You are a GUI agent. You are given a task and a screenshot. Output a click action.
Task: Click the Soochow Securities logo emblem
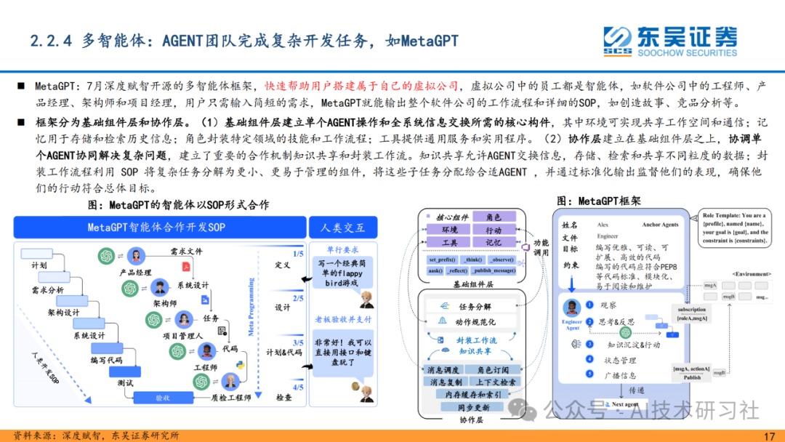[618, 39]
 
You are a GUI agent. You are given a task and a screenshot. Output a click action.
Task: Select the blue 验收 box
[162, 398]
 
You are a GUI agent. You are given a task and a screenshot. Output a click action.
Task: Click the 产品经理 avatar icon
[134, 256]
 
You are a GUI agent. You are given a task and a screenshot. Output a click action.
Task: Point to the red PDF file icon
[186, 267]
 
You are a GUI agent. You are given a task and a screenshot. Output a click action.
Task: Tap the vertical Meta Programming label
[251, 313]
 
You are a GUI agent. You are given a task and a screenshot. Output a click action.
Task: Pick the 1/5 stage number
[298, 253]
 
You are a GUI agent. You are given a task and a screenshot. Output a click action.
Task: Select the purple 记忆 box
[494, 242]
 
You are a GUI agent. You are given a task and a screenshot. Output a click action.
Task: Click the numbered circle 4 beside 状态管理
[590, 359]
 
